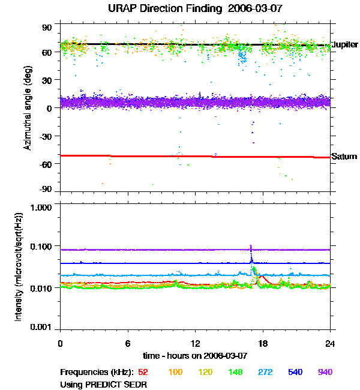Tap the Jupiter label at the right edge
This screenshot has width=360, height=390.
click(345, 45)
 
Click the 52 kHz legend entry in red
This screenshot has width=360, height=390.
click(144, 372)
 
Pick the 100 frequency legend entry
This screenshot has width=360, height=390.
click(175, 372)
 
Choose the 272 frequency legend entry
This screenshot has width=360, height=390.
click(265, 372)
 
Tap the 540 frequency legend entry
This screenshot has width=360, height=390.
click(295, 372)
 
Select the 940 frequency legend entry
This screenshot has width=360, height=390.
click(325, 372)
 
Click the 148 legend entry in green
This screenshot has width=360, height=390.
click(235, 372)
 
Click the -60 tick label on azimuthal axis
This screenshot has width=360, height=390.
click(46, 163)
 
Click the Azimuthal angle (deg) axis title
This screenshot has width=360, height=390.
click(28, 108)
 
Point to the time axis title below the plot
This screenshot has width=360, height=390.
click(195, 355)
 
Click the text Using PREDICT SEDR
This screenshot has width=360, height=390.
click(103, 384)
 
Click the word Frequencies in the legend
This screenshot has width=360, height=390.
click(83, 372)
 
